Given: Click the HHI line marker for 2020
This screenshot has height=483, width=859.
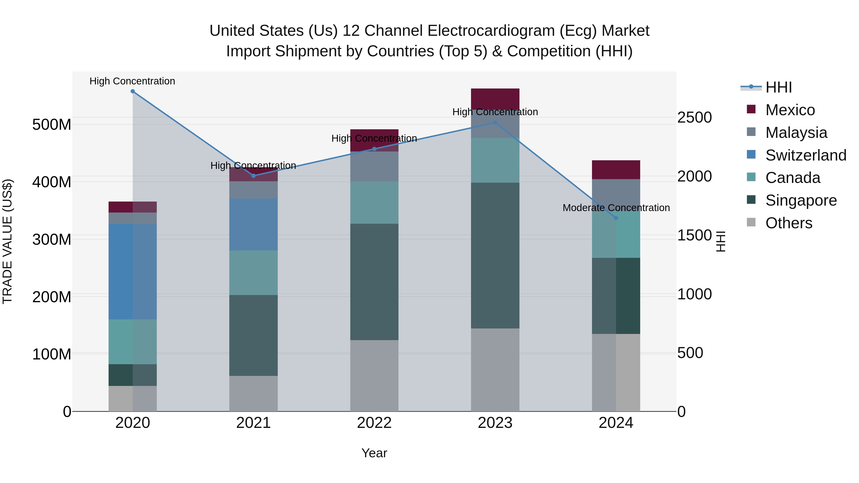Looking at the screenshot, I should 133,91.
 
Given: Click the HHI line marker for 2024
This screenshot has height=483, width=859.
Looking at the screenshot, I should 616,218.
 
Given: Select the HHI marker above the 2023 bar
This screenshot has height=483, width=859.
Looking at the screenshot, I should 495,123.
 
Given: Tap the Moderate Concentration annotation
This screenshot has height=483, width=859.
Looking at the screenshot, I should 616,208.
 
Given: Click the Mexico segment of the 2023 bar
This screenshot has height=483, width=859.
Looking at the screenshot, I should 495,99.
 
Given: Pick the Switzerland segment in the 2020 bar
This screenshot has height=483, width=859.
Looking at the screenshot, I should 133,272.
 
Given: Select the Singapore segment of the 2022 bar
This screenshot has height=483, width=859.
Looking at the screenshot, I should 374,282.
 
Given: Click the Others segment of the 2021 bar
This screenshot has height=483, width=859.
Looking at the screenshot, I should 253,393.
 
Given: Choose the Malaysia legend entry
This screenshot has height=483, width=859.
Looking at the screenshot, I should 796,133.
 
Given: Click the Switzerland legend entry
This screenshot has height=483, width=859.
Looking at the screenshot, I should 805,155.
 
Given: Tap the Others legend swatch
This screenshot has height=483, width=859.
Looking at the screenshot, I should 751,222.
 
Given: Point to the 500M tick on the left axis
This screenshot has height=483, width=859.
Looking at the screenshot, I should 52,125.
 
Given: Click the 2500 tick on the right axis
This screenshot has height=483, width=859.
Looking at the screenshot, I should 695,117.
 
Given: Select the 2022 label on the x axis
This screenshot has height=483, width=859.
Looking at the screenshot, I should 374,423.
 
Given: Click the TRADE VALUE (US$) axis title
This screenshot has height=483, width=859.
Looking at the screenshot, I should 7,241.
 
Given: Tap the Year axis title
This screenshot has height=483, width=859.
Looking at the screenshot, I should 374,453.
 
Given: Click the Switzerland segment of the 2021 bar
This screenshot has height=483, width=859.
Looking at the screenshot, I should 253,224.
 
